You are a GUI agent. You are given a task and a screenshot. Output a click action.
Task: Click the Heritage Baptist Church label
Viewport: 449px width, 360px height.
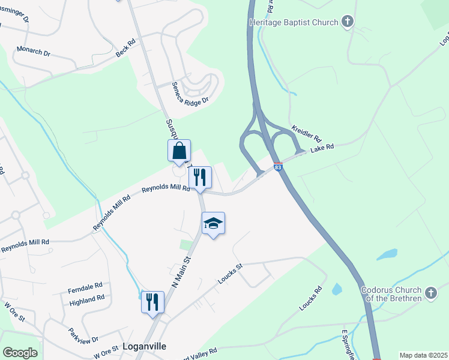click(293, 23)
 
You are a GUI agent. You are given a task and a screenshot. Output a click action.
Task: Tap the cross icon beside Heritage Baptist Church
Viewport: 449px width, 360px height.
click(347, 22)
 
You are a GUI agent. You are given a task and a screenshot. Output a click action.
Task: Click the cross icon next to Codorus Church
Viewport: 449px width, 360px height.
click(430, 293)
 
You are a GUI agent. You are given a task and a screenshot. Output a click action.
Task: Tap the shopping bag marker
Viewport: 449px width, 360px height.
click(179, 151)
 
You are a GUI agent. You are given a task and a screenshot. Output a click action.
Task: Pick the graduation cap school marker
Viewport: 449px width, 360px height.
click(213, 224)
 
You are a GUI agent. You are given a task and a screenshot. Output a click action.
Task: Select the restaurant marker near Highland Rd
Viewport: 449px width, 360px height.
click(152, 302)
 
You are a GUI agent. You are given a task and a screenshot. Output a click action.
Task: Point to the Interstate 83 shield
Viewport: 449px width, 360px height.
click(278, 167)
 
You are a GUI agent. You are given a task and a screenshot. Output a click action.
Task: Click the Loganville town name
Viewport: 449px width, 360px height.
click(143, 346)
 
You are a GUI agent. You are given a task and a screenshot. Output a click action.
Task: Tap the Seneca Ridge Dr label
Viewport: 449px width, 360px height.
click(190, 93)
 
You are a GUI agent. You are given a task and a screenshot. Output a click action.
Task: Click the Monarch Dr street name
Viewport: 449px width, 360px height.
click(34, 52)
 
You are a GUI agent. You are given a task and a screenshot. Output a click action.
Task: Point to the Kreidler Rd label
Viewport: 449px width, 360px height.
click(307, 134)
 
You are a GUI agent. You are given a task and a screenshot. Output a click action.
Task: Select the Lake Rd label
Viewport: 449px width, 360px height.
click(322, 149)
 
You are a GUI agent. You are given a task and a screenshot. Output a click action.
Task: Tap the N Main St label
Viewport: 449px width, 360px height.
click(181, 272)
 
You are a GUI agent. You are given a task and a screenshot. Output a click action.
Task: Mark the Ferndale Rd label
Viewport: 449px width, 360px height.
click(86, 286)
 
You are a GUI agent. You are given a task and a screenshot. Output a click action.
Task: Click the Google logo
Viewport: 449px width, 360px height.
click(20, 353)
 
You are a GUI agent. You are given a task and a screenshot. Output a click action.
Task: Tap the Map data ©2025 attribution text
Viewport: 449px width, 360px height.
click(423, 355)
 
